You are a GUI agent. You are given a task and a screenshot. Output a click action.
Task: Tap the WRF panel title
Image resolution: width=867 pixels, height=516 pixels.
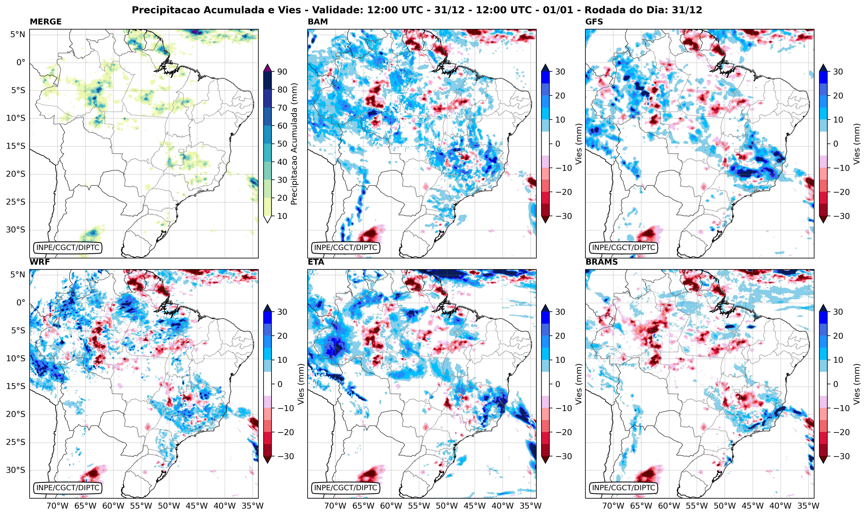point(40,262)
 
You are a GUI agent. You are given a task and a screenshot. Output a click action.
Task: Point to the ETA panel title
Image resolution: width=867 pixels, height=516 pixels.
point(316,262)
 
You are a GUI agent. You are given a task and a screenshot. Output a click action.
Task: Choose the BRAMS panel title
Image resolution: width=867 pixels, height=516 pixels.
point(602,262)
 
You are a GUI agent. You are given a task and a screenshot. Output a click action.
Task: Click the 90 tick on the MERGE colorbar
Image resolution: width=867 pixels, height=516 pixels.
point(282,72)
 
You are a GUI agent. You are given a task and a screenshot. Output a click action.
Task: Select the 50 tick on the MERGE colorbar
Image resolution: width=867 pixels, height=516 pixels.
point(282,144)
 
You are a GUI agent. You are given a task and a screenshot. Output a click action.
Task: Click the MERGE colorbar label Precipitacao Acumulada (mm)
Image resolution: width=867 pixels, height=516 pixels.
point(294,144)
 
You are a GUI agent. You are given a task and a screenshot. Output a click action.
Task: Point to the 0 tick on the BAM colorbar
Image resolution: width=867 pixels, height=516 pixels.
point(557,144)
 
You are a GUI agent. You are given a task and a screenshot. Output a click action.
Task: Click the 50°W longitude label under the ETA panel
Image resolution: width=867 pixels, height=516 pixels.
point(447,506)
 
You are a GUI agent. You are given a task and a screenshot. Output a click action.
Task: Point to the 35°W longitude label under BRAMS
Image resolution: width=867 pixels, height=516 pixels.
point(809,506)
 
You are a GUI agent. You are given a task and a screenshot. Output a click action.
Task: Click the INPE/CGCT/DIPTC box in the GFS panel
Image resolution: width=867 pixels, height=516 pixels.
point(623,248)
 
